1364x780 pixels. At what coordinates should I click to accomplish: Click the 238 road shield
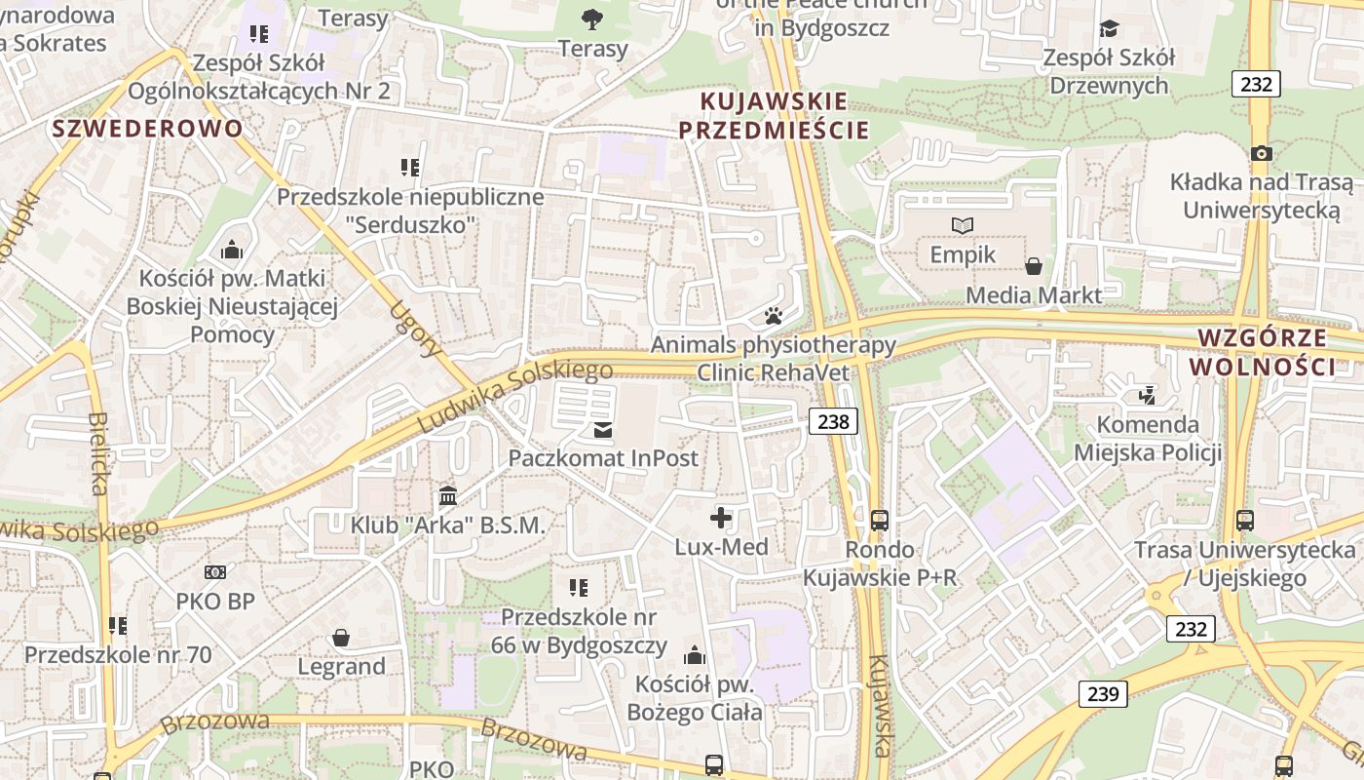click(833, 421)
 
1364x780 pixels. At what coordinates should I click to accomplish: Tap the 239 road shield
click(1102, 694)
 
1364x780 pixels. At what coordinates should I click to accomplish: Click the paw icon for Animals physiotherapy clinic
click(774, 316)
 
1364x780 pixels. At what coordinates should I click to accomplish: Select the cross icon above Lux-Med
click(721, 518)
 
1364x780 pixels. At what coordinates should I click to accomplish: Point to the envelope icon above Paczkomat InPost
click(603, 429)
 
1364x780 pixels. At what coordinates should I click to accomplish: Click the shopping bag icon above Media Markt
click(1034, 266)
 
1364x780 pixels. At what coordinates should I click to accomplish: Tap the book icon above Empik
click(962, 225)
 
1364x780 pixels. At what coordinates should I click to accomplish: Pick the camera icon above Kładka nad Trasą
click(1261, 153)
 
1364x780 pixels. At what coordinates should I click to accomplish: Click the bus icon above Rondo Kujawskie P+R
click(879, 521)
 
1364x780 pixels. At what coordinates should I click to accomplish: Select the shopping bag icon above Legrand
click(341, 638)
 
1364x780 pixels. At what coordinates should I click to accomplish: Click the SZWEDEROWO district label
click(148, 129)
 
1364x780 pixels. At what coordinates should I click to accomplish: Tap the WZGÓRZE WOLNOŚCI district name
click(1262, 352)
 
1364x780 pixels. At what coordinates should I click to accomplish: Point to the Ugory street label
click(414, 330)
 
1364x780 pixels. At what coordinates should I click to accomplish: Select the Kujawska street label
click(879, 705)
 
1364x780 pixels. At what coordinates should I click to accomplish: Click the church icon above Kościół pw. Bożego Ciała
click(695, 654)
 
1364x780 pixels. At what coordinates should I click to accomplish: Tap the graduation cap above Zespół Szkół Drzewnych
click(1109, 28)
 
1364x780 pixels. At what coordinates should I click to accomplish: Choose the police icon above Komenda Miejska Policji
click(1147, 395)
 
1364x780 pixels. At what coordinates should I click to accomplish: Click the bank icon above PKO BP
click(215, 572)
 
